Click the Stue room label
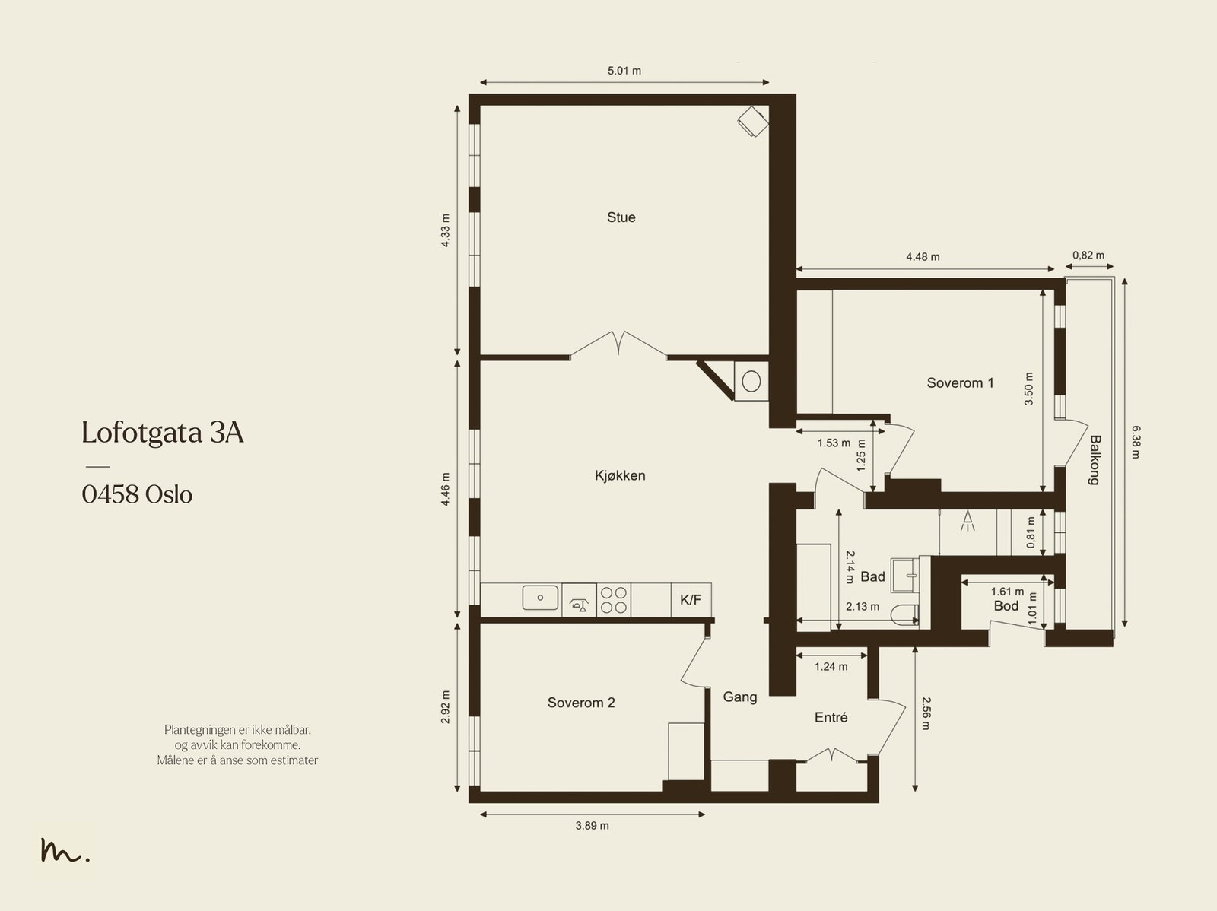coord(621,217)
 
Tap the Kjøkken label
coord(620,475)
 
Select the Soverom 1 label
coord(961,383)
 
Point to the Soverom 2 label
coord(581,703)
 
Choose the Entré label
coord(831,718)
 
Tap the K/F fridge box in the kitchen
coord(691,599)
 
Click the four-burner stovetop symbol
coord(614,600)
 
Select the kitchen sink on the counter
coord(540,598)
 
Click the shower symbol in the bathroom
coord(968,521)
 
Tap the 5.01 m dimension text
coord(624,71)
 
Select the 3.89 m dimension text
coord(592,826)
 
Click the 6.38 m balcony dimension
coord(1136,443)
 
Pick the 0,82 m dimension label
coord(1088,256)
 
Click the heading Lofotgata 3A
coord(163,433)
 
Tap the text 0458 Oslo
coord(137,494)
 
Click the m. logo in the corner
coord(65,850)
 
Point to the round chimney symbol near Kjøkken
coord(751,381)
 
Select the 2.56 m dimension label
coord(926,713)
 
